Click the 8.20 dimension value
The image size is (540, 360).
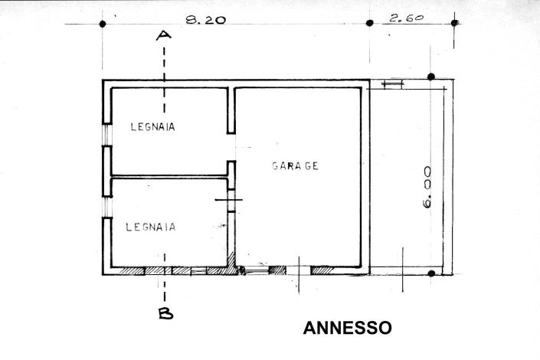coord(205,21)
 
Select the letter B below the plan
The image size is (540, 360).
coord(165,312)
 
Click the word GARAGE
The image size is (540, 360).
coord(295,165)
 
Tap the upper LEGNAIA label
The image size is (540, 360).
coord(152,127)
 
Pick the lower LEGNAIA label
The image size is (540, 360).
coord(151,227)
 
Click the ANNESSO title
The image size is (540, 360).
coord(348,329)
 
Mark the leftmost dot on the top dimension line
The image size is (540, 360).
coord(103,24)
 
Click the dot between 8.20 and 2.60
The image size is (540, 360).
coord(370,23)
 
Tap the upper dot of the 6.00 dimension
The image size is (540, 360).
coord(431,77)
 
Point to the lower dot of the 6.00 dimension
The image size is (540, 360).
coord(431,273)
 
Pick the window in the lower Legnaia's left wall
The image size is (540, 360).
coord(106,198)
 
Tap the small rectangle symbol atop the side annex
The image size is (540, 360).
coord(391,84)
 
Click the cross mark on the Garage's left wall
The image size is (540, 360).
coord(229,201)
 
